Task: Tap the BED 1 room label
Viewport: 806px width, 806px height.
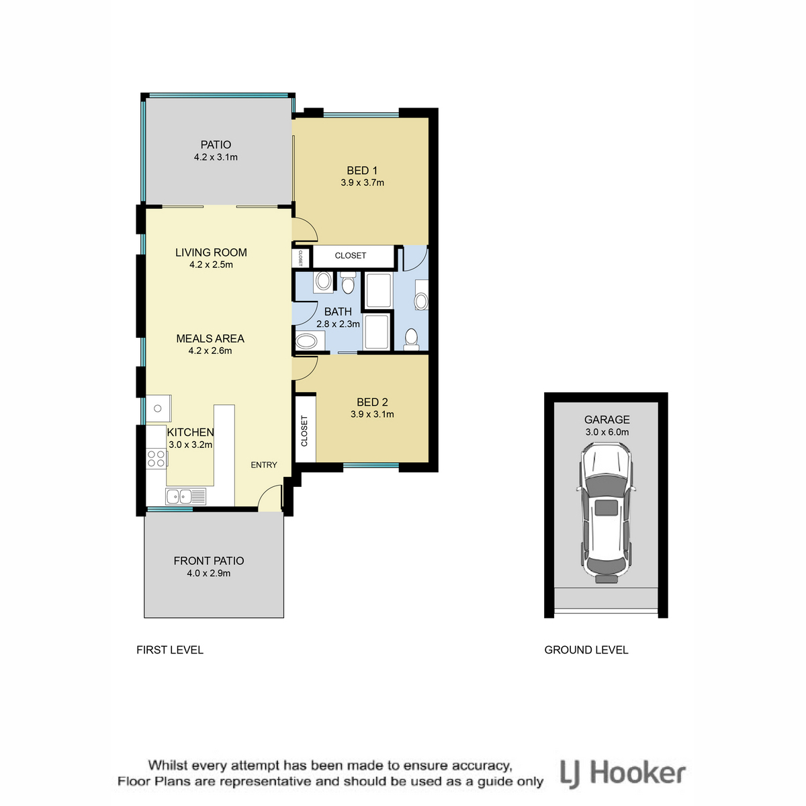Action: coord(362,171)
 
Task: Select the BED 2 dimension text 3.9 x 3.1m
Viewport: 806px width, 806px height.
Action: coord(372,414)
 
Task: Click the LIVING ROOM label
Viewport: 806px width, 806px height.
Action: coord(211,253)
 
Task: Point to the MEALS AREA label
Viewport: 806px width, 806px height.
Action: coord(210,339)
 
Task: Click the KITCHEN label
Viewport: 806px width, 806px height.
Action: coord(190,432)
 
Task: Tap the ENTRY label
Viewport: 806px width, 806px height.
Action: coord(264,465)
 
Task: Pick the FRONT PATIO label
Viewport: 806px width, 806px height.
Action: coord(209,560)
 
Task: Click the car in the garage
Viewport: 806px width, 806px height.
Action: coord(606,512)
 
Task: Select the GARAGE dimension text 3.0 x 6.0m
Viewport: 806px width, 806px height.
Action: coord(607,432)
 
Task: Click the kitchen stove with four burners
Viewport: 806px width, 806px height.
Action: coord(156,458)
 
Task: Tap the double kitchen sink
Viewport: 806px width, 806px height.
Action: coord(185,496)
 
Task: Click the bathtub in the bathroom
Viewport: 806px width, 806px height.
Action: coord(310,341)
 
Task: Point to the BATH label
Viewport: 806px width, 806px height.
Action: coord(338,312)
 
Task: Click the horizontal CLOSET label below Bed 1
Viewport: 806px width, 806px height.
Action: coord(351,255)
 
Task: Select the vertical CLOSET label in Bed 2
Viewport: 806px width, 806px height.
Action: coord(304,431)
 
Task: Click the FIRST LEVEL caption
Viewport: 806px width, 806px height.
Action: coord(170,650)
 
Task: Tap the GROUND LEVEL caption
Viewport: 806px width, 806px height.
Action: coord(586,650)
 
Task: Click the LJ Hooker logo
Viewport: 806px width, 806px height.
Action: coord(623,774)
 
